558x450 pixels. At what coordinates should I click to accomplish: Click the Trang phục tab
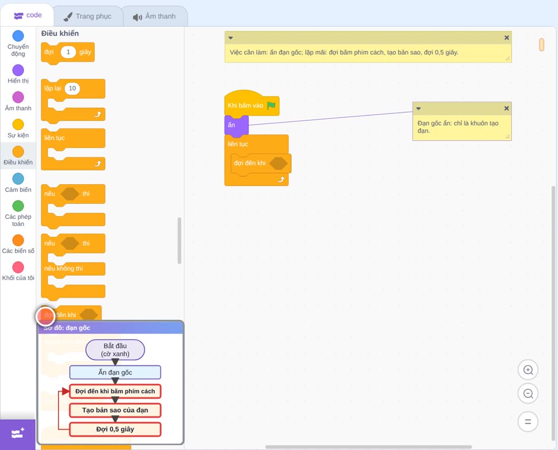pos(88,16)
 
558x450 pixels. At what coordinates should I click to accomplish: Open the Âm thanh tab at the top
pos(155,16)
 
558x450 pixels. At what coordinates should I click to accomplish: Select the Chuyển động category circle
pos(18,36)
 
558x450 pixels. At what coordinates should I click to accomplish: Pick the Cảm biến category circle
pos(18,179)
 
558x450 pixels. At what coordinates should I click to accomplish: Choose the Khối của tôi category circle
pos(18,267)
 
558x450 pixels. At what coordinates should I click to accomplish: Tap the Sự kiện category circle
pos(18,125)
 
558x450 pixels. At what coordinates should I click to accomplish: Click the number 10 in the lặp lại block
pos(72,88)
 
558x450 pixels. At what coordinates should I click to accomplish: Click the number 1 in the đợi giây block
pos(68,52)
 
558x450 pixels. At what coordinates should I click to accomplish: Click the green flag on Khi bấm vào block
pos(271,106)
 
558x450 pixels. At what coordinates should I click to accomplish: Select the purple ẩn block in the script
pos(236,125)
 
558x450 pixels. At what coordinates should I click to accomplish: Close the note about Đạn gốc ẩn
pos(507,108)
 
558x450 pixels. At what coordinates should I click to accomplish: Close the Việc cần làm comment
pos(507,38)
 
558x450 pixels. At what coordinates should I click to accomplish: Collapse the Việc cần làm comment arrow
pos(230,38)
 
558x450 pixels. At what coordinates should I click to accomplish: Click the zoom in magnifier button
pos(528,370)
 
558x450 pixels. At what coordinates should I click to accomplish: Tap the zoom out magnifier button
pos(528,394)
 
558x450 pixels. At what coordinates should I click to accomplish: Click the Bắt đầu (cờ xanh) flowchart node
pos(115,350)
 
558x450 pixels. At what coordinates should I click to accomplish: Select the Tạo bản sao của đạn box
pos(115,410)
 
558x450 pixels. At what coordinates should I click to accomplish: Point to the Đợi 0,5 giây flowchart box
pos(115,429)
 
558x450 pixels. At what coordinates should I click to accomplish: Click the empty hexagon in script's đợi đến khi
pos(278,164)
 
